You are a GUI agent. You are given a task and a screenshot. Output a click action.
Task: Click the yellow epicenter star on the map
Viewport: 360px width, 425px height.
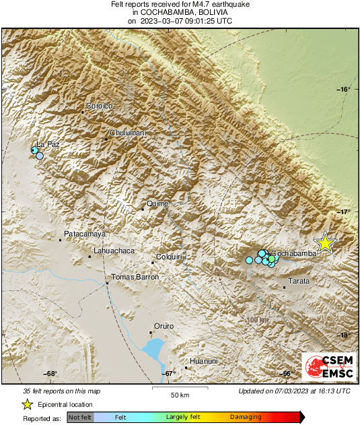[325, 243]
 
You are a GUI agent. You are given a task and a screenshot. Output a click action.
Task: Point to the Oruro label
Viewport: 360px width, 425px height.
[164, 326]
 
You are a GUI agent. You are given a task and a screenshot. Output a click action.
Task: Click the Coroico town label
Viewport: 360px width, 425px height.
[98, 106]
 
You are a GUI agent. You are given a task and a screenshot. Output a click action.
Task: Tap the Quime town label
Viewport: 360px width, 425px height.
[157, 203]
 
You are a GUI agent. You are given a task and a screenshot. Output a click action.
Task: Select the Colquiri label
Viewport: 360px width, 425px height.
[170, 257]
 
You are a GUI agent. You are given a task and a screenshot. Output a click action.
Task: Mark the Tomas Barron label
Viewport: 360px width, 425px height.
[135, 277]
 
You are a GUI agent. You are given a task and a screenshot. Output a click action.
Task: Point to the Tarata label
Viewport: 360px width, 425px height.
[299, 281]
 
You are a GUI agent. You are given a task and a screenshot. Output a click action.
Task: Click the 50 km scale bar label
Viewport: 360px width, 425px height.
[178, 395]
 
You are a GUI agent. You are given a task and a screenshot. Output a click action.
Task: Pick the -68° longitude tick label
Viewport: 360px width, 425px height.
[50, 374]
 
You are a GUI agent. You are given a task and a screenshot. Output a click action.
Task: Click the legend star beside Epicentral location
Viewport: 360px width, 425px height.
[28, 404]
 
